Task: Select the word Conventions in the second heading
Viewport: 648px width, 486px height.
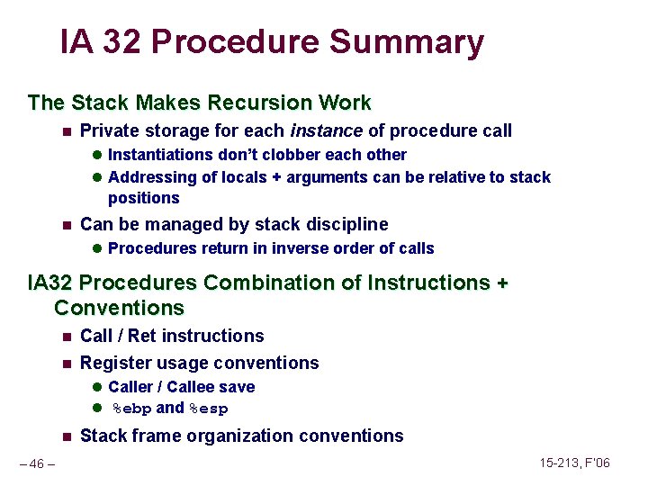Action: pos(119,308)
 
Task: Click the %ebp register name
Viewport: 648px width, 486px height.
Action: pos(131,409)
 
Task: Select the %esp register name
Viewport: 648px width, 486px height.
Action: pos(208,409)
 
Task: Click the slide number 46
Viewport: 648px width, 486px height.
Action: pos(37,464)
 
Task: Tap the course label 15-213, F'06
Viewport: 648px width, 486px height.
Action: pos(575,463)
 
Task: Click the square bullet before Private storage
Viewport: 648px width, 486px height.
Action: pos(66,131)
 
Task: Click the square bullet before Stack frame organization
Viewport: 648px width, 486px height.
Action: pos(66,436)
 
